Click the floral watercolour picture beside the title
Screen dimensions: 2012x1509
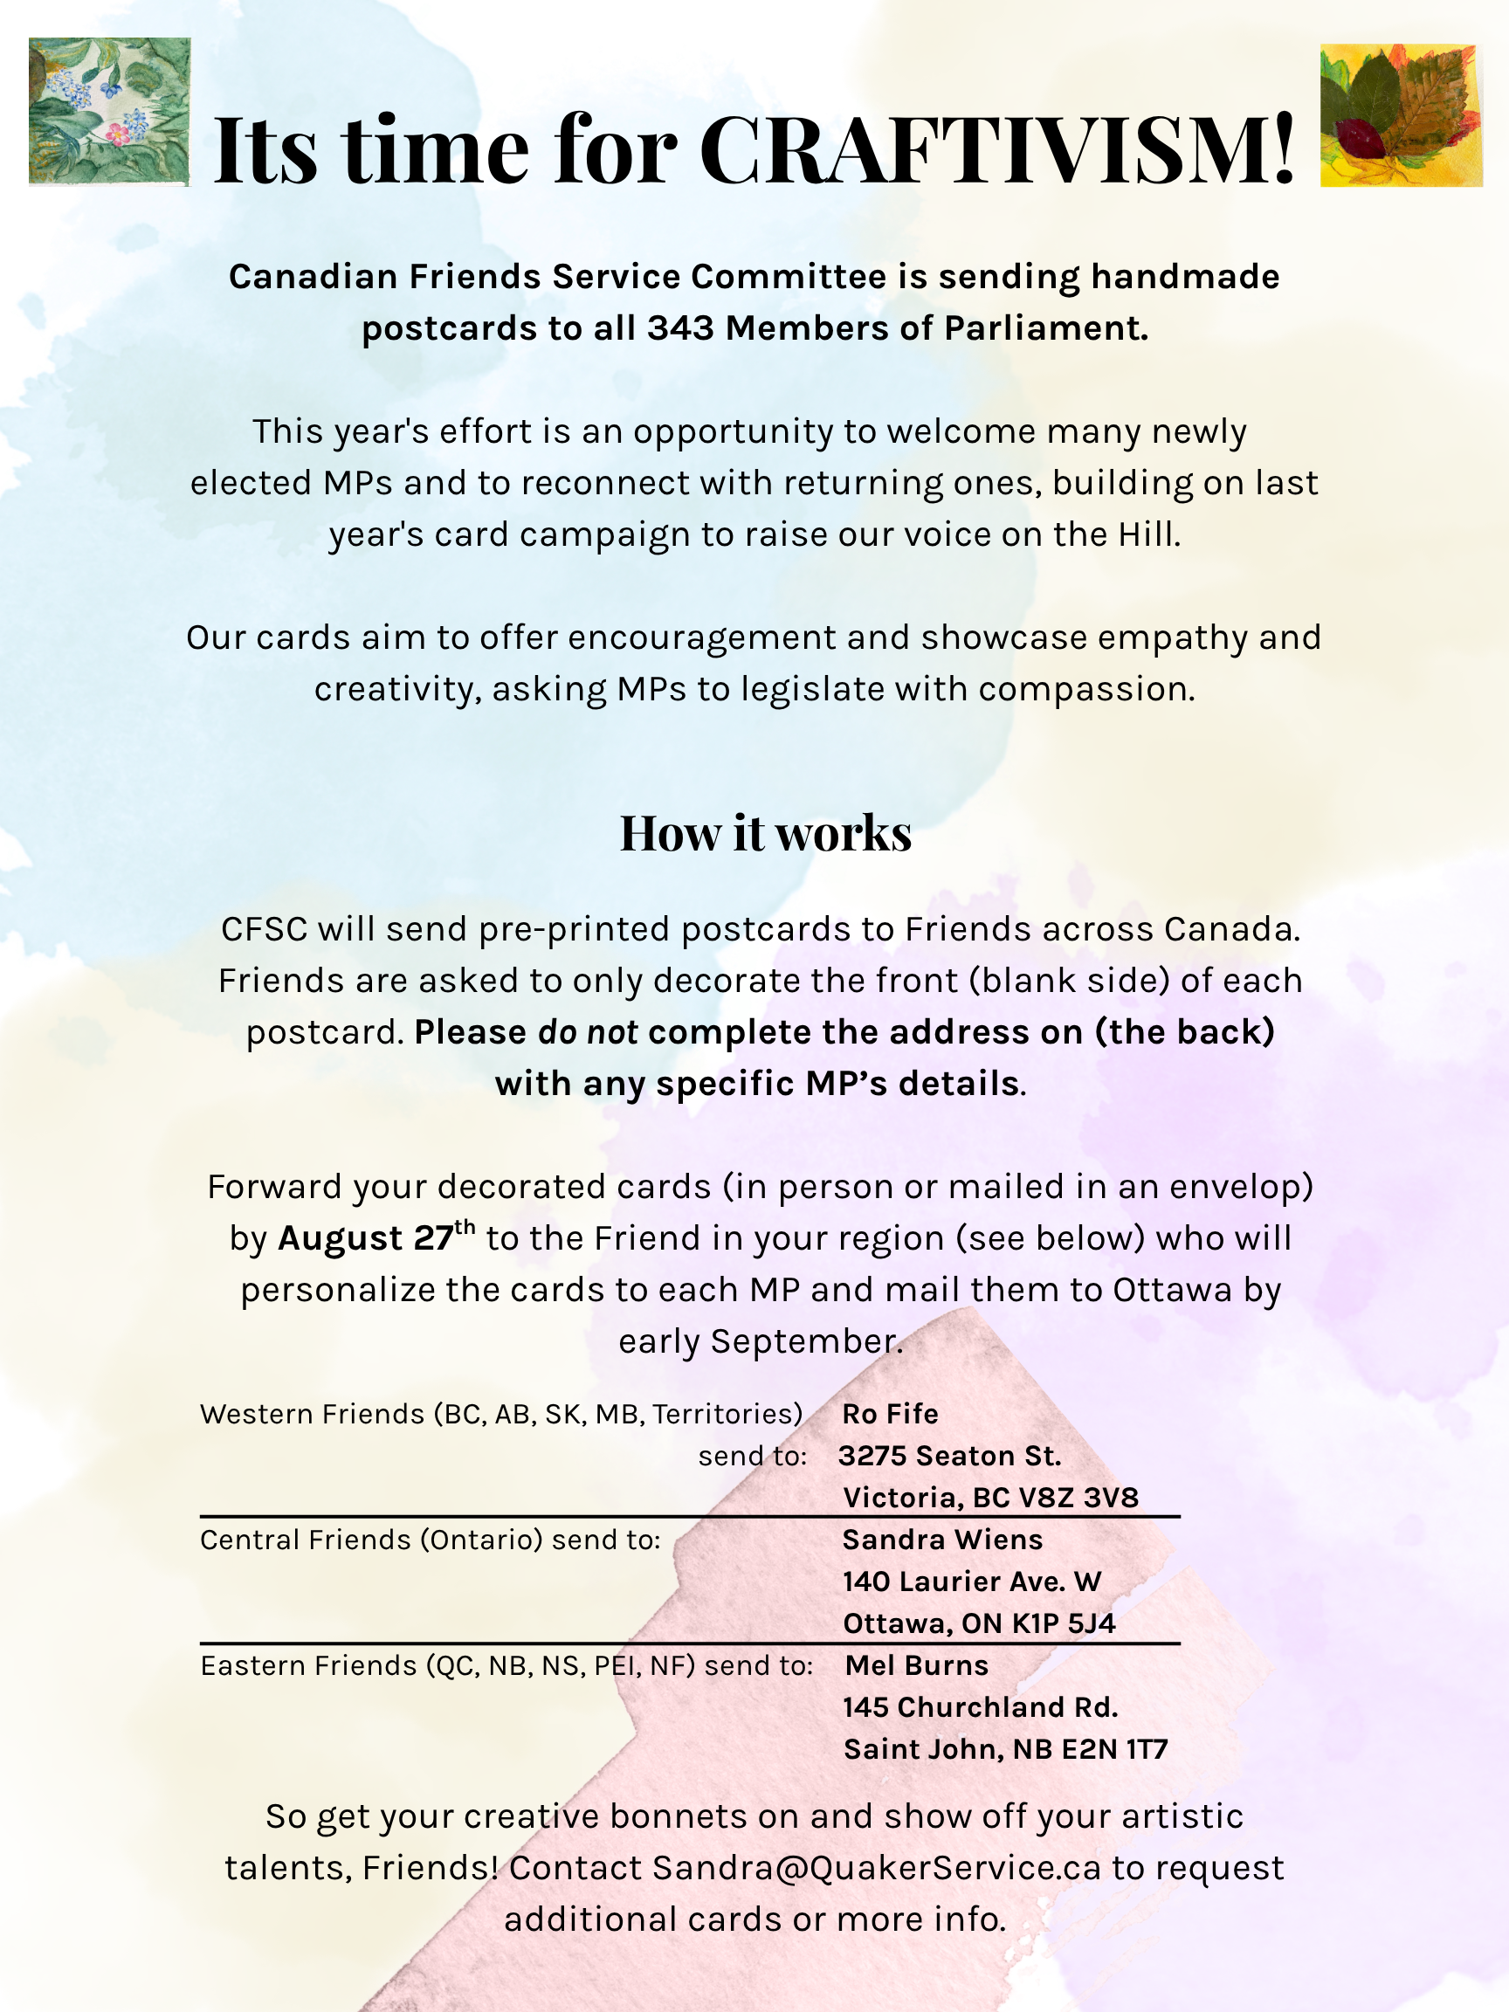[109, 111]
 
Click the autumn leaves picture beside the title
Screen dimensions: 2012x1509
[1401, 115]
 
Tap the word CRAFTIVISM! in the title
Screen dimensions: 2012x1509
[997, 150]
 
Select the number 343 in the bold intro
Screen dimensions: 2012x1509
[680, 328]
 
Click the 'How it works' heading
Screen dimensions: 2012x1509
[765, 833]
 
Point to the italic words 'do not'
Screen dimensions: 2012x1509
[588, 1033]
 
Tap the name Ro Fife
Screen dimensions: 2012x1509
[890, 1414]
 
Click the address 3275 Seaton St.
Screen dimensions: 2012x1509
[949, 1456]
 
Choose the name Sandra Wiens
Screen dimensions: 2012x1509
[942, 1539]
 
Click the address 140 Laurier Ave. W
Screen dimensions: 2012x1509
[971, 1581]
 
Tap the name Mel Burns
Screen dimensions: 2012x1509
[916, 1664]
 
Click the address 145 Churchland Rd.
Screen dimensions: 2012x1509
[980, 1706]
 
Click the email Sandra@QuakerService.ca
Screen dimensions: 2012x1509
[876, 1867]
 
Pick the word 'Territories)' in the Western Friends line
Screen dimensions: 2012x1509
[727, 1414]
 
